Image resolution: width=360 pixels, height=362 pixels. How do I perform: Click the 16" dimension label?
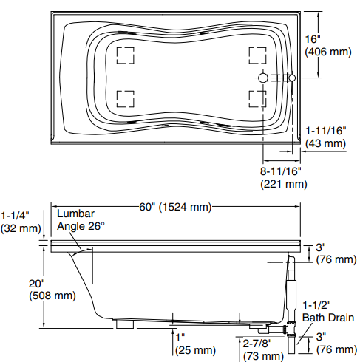coord(313,38)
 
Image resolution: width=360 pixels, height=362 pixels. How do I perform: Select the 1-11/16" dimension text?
coord(327,130)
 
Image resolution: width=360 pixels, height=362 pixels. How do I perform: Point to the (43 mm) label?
coord(326,143)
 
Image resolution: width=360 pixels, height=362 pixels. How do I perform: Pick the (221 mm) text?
coord(283,185)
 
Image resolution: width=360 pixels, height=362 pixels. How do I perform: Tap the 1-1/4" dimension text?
coord(15,215)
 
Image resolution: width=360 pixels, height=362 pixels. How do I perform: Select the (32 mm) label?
coord(20,228)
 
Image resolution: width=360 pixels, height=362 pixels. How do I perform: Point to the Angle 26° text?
coord(81,225)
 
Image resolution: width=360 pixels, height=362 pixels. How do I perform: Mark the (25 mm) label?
coord(194,349)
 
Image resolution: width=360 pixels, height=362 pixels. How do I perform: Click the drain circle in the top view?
coord(263,78)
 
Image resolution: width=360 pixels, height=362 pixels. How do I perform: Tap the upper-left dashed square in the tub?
coord(125,56)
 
